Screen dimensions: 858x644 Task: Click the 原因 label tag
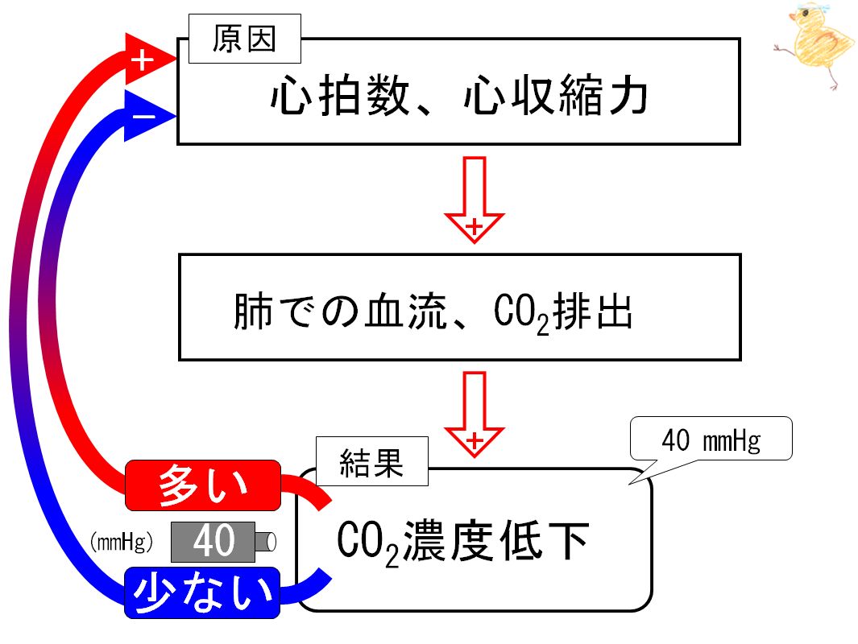[245, 39]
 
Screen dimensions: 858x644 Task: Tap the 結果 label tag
[372, 461]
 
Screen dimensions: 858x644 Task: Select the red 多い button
[203, 485]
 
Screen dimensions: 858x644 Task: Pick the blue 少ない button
[202, 593]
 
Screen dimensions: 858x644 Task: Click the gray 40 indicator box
[213, 542]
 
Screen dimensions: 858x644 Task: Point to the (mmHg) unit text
[122, 542]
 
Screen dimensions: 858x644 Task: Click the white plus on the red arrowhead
[143, 60]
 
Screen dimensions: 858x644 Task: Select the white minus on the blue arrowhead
[144, 117]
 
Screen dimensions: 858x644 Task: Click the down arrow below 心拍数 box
[475, 200]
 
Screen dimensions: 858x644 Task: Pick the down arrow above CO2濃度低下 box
[475, 414]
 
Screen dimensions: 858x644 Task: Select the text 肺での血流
[340, 311]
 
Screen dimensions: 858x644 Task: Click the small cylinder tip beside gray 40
[265, 542]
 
